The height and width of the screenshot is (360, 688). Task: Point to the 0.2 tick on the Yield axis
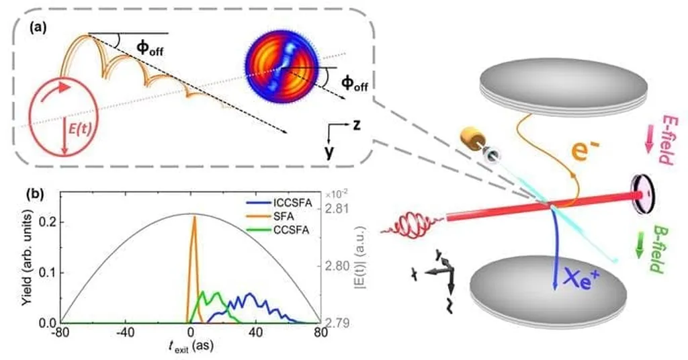coord(48,222)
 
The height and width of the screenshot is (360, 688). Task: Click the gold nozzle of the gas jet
coord(472,140)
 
